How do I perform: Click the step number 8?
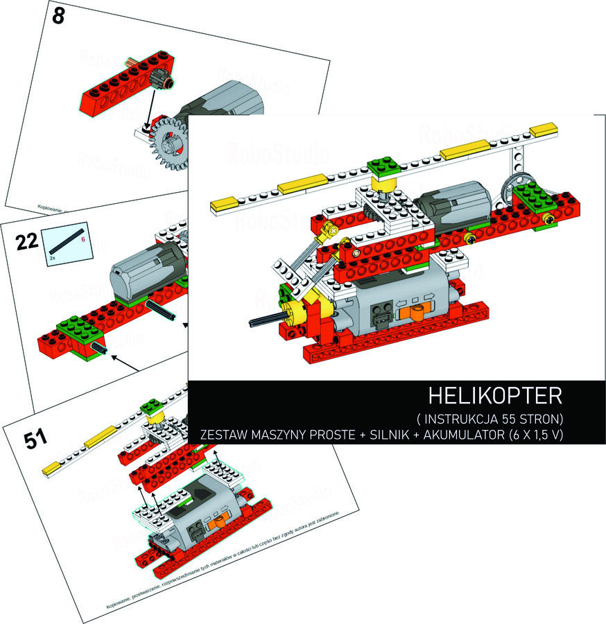tap(58, 17)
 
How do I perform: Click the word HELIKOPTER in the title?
tap(495, 397)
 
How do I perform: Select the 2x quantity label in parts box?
tap(53, 256)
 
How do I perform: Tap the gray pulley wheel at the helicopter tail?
tap(514, 187)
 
